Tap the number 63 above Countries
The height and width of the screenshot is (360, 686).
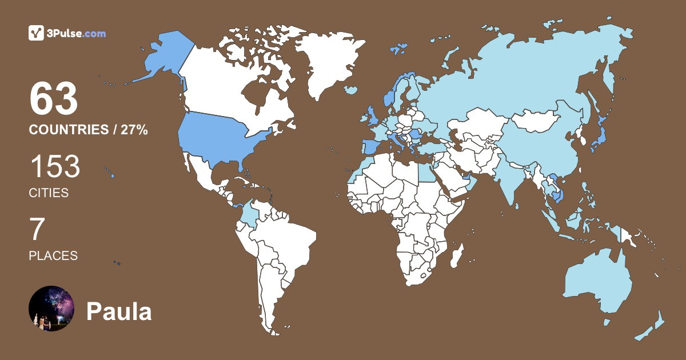point(54,99)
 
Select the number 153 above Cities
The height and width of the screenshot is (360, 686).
point(55,167)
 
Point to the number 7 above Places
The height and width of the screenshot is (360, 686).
point(37,230)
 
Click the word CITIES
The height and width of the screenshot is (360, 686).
point(49,193)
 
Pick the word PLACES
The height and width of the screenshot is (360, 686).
point(53,256)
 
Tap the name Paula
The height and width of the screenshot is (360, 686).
point(119,312)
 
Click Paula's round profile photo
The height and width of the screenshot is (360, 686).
point(51,309)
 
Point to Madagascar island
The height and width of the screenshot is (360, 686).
point(456,255)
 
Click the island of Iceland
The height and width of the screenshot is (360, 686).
point(352,90)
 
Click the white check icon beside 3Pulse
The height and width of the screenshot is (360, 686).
point(37,33)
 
